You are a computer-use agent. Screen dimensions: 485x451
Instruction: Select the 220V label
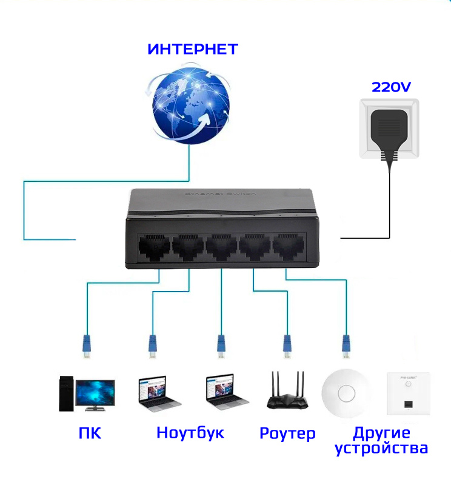[391, 87]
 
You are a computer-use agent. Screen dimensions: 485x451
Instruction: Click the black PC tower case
[66, 393]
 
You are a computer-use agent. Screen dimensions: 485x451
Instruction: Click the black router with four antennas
[288, 394]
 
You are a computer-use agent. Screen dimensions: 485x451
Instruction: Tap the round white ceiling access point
[347, 393]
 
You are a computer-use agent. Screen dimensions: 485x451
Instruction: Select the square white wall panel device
[407, 393]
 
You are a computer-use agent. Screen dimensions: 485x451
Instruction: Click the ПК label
[90, 433]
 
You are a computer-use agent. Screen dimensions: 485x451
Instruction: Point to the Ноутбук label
[190, 433]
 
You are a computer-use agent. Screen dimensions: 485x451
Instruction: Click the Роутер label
[287, 433]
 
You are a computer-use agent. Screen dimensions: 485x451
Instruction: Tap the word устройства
[381, 449]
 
